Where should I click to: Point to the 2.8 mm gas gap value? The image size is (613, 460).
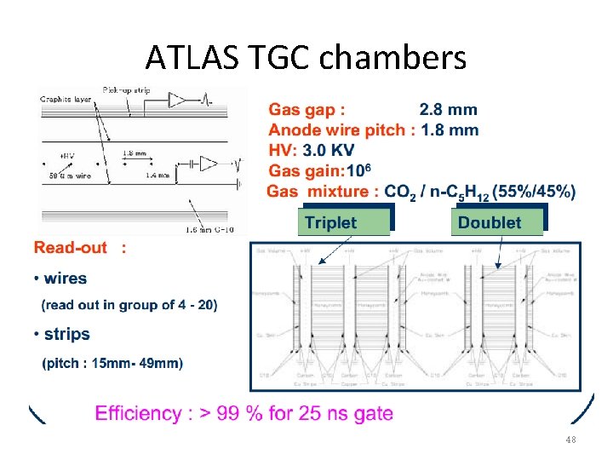tap(449, 110)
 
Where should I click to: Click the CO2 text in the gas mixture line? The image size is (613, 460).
tap(400, 193)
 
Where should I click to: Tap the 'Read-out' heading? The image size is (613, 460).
tap(71, 248)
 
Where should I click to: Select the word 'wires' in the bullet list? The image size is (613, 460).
tap(65, 278)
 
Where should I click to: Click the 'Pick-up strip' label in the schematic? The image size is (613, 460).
tap(128, 89)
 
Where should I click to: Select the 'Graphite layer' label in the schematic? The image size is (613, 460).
tap(66, 100)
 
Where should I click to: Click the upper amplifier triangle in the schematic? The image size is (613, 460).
tap(176, 100)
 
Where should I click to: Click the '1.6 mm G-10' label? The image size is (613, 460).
tap(209, 228)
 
